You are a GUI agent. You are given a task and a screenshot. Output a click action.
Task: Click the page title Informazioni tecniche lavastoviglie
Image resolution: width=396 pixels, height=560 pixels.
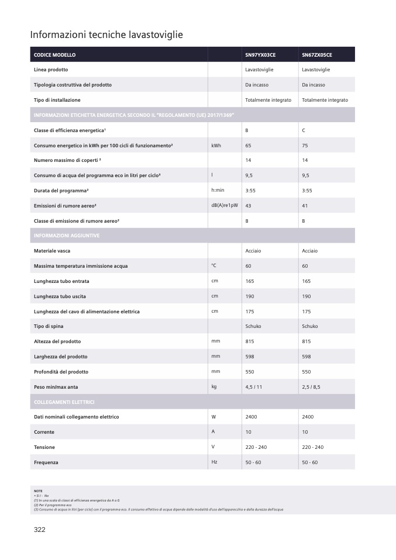pyautogui.click(x=106, y=35)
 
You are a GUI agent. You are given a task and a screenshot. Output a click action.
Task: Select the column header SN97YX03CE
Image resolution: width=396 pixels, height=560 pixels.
pyautogui.click(x=260, y=54)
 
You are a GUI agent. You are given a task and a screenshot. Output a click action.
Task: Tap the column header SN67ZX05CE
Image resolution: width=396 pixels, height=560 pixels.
pyautogui.click(x=317, y=54)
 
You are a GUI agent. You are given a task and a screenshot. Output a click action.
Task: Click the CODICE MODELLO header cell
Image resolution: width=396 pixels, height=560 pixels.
pyautogui.click(x=55, y=54)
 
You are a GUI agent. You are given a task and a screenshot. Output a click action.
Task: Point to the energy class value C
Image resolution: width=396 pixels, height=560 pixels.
pyautogui.click(x=304, y=130)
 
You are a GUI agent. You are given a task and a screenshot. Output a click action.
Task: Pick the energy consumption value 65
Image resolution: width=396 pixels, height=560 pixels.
pyautogui.click(x=249, y=145)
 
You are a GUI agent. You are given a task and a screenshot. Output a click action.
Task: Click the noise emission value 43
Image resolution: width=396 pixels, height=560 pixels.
pyautogui.click(x=249, y=206)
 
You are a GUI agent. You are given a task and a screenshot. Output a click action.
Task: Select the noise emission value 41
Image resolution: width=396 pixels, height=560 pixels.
pyautogui.click(x=305, y=206)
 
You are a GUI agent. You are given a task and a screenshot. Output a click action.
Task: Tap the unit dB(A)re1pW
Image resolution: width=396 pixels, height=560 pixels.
pyautogui.click(x=225, y=205)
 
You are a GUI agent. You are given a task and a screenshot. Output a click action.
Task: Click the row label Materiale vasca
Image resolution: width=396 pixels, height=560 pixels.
pyautogui.click(x=53, y=251)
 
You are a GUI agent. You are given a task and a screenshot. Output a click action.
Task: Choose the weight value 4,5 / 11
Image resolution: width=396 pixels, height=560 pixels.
pyautogui.click(x=254, y=386)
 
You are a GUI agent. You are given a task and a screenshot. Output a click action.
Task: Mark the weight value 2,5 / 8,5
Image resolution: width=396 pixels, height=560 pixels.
pyautogui.click(x=311, y=386)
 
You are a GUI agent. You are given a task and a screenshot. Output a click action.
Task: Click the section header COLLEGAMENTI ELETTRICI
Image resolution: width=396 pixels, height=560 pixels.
pyautogui.click(x=64, y=402)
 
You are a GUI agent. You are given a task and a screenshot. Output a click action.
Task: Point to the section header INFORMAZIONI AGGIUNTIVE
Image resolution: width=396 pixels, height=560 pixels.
pyautogui.click(x=67, y=236)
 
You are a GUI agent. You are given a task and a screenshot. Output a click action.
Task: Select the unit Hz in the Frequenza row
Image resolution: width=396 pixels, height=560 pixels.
pyautogui.click(x=214, y=462)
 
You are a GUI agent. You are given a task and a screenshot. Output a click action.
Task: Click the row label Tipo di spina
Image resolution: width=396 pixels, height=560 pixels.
pyautogui.click(x=49, y=326)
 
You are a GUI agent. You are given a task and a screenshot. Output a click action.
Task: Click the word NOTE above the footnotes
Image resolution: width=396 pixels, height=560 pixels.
pyautogui.click(x=39, y=491)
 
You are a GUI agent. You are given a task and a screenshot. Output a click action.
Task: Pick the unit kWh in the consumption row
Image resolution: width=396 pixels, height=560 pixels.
pyautogui.click(x=216, y=145)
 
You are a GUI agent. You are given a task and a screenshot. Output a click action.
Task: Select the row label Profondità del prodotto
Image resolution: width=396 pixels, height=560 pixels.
pyautogui.click(x=61, y=372)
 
